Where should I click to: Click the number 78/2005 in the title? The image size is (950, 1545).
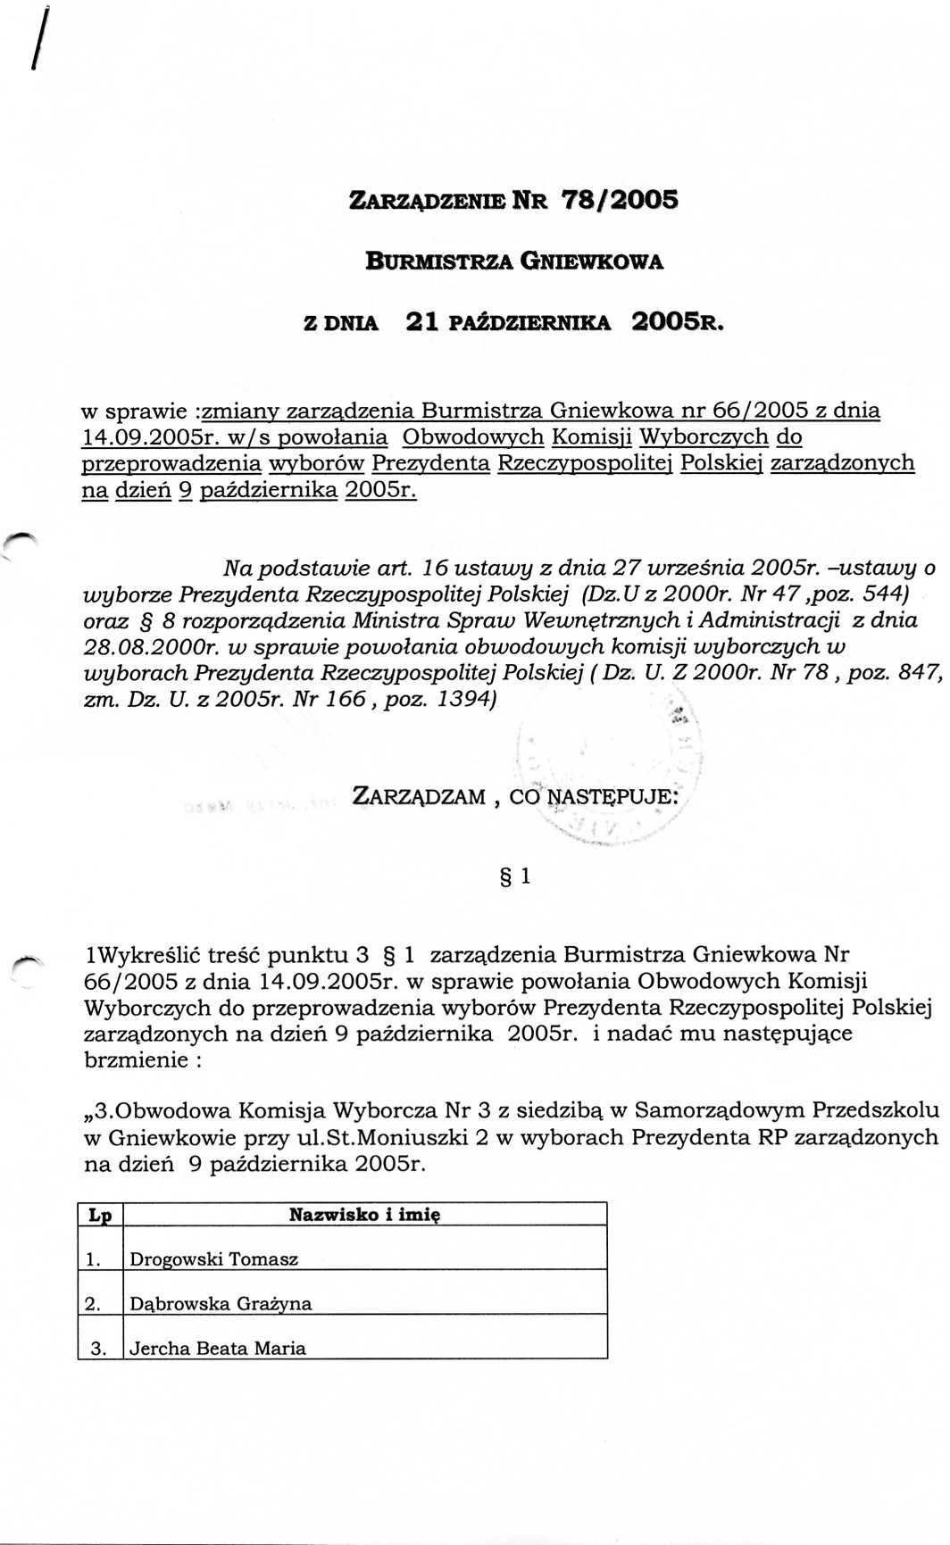click(619, 199)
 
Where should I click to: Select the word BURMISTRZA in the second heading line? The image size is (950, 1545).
click(437, 262)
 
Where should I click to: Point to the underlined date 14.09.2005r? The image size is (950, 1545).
click(149, 437)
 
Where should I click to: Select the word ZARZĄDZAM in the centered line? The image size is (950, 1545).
click(419, 796)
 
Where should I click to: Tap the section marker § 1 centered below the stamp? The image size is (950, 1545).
click(516, 876)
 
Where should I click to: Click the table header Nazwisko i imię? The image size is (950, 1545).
click(364, 1214)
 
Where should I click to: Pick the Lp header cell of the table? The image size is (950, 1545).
click(100, 1215)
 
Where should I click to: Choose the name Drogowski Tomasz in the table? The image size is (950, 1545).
click(213, 1258)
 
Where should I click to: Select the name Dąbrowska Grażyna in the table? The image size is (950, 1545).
click(221, 1303)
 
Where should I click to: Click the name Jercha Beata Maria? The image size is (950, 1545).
click(217, 1348)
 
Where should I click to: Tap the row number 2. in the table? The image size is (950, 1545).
click(93, 1303)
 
